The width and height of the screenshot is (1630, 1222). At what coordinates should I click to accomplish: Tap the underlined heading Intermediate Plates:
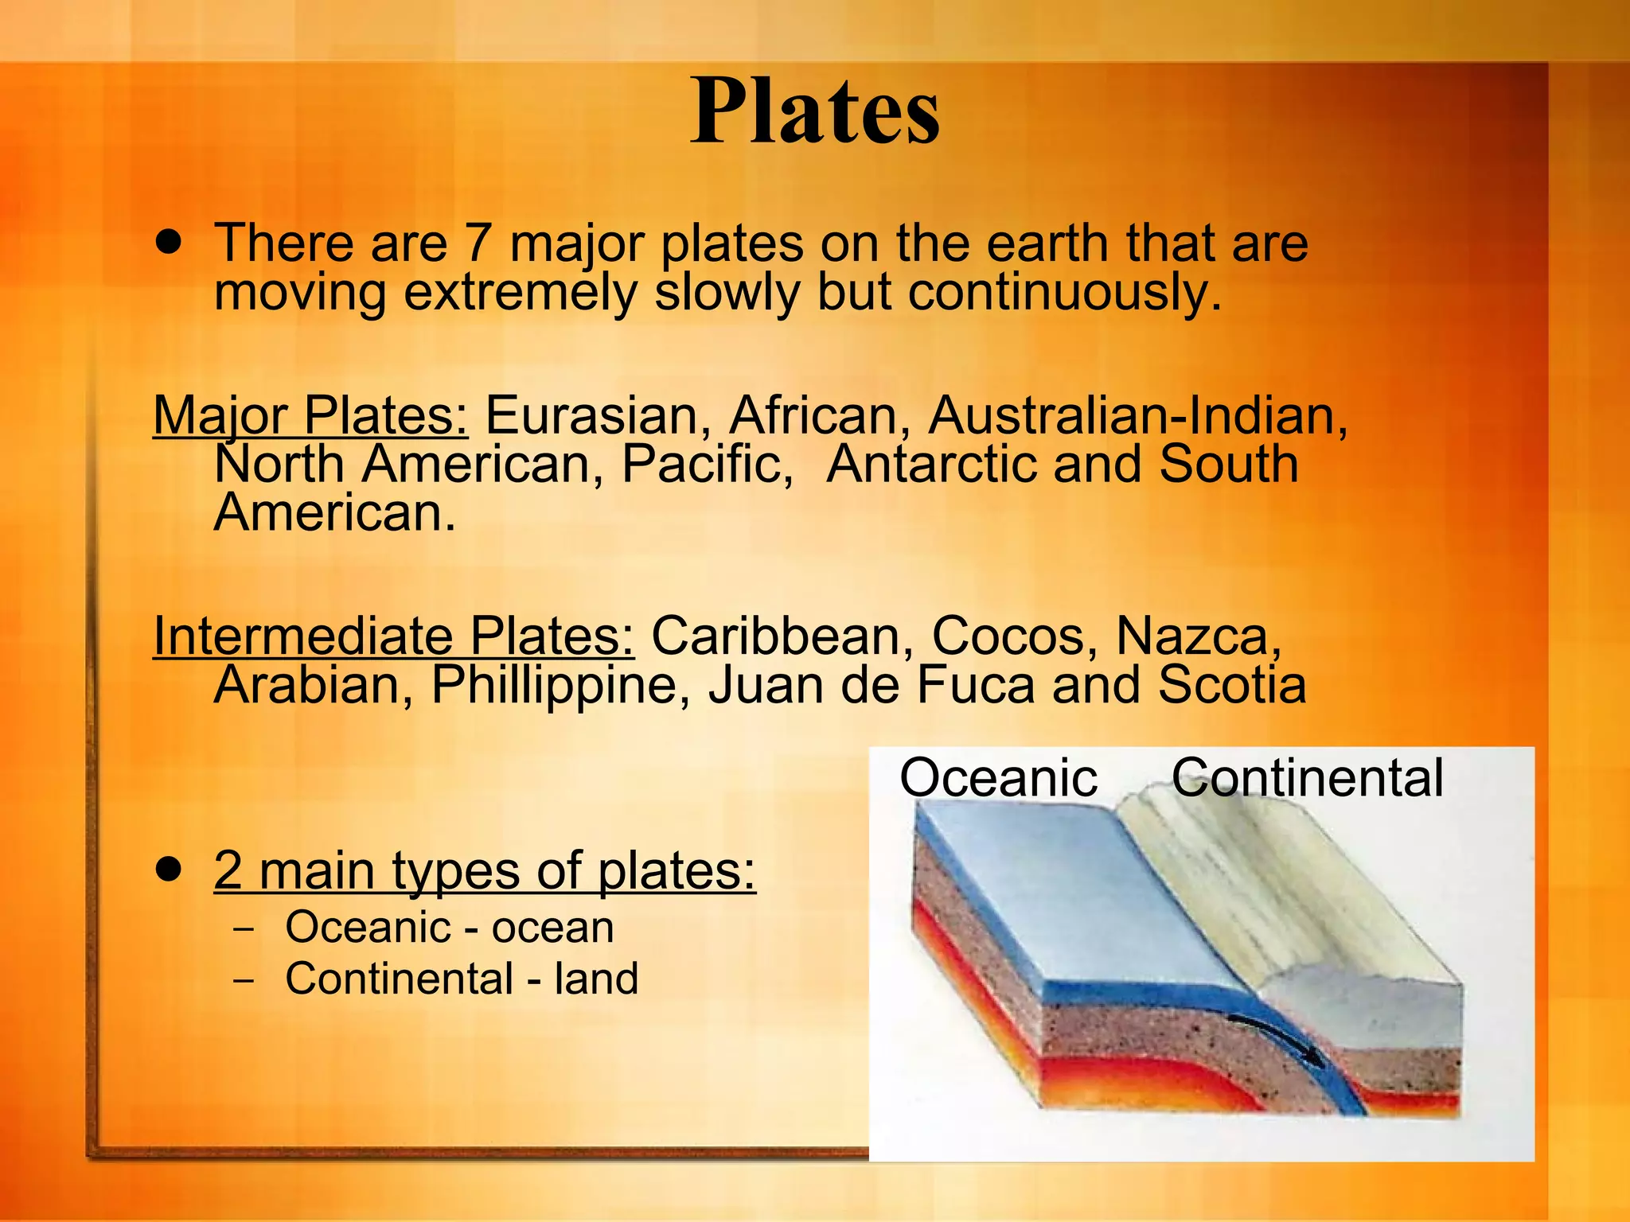(393, 636)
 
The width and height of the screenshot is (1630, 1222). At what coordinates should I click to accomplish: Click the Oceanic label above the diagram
(998, 777)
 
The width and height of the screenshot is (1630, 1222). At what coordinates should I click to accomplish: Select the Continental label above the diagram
(1307, 777)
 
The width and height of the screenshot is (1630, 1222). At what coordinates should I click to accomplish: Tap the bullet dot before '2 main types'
(168, 868)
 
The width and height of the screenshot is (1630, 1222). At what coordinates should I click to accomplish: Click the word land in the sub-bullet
(596, 979)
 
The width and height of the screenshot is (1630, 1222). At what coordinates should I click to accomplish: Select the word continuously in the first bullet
(1063, 292)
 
